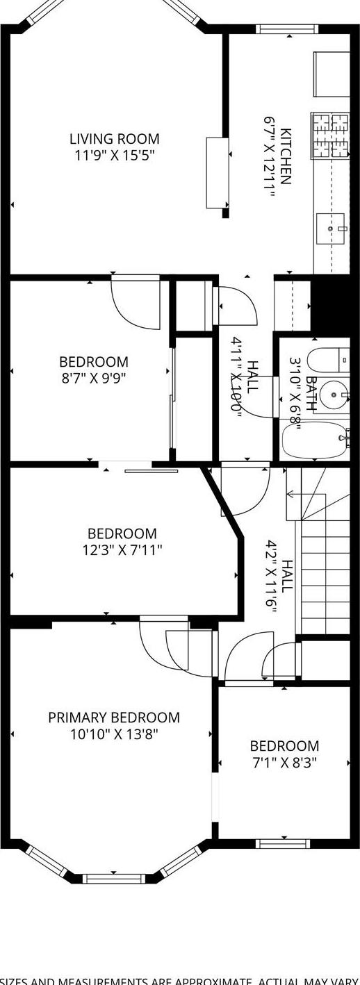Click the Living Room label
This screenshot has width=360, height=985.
tap(114, 139)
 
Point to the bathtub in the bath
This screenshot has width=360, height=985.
tap(314, 440)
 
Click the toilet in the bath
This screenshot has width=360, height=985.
tap(327, 360)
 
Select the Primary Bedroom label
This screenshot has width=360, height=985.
tap(114, 718)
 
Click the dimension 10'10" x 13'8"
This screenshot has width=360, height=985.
tap(114, 734)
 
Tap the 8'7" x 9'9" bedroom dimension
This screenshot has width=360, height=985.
tap(94, 379)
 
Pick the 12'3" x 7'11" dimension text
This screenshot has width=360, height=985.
tap(122, 551)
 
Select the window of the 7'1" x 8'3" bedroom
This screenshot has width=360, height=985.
tap(283, 844)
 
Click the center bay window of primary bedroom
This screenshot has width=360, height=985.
tap(114, 879)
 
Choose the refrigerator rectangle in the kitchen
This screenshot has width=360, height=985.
tap(331, 74)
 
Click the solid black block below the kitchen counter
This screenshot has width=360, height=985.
tap(329, 303)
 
